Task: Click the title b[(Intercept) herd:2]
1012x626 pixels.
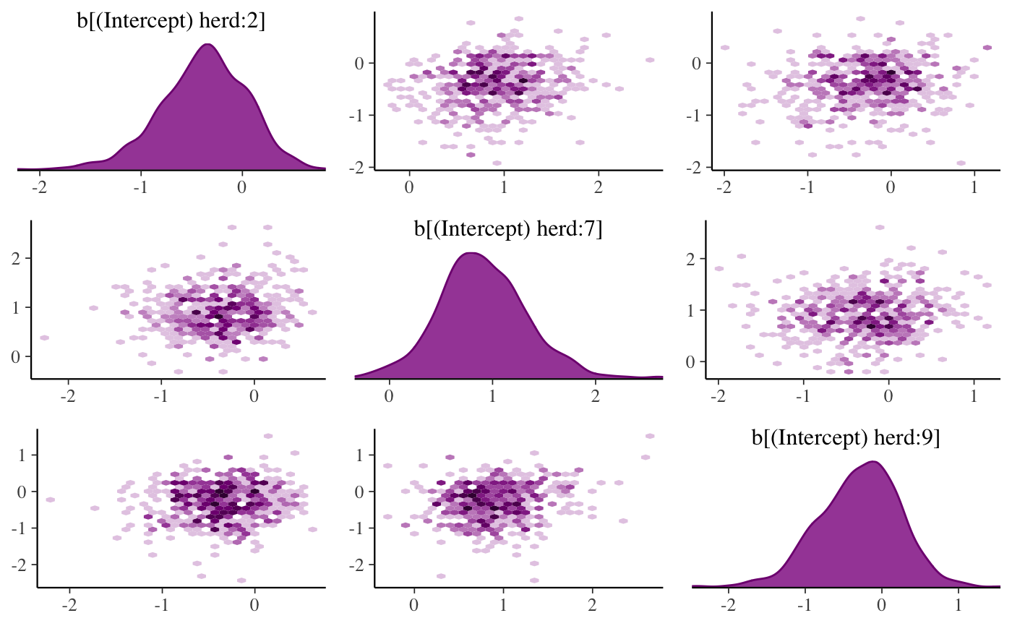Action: point(171,22)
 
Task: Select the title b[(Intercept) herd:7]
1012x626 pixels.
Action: point(508,230)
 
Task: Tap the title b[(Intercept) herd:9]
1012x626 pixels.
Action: point(845,439)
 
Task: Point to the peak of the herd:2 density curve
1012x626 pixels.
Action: point(208,45)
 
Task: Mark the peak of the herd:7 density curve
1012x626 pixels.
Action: point(471,253)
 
